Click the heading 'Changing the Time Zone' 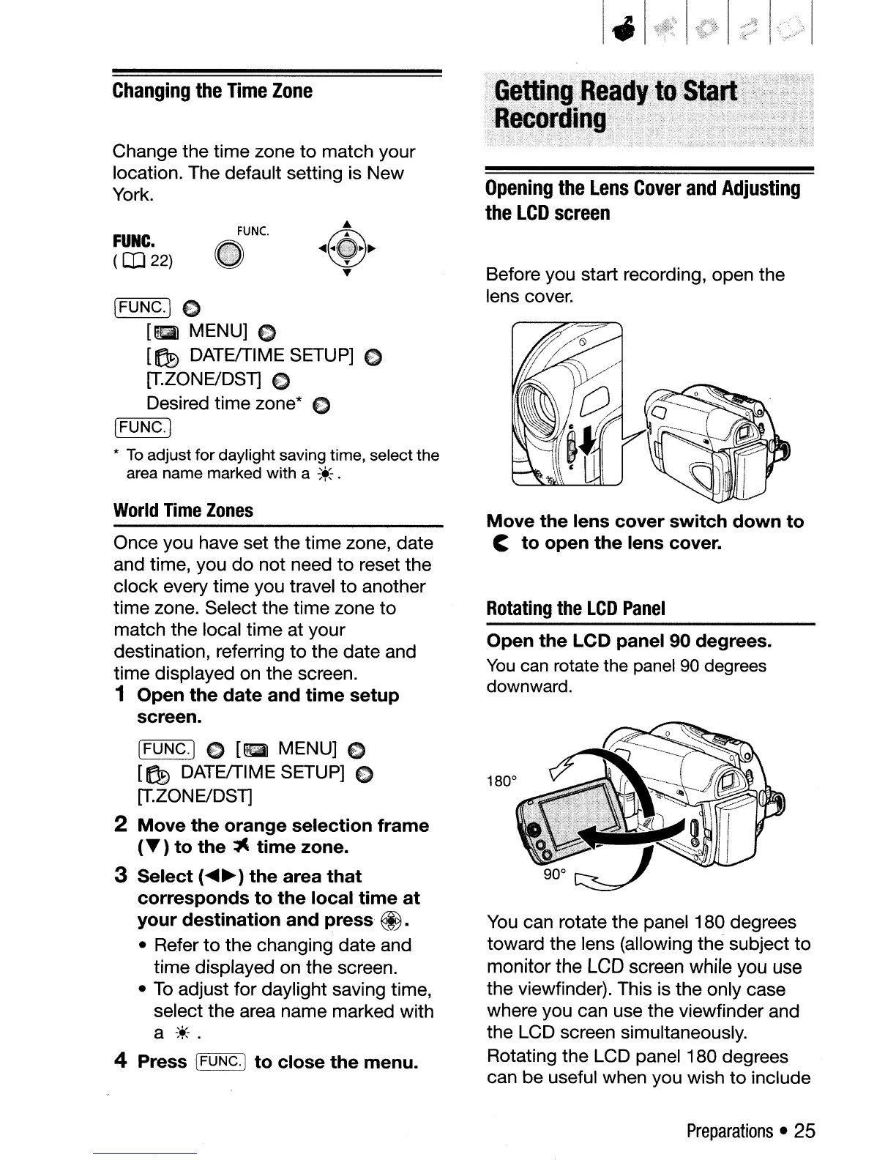coord(212,92)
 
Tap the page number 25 coord(804,1131)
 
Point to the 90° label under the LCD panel coord(553,875)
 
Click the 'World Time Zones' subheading coord(183,510)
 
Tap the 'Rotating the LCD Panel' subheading coord(576,609)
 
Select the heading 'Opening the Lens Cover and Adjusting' coord(643,189)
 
